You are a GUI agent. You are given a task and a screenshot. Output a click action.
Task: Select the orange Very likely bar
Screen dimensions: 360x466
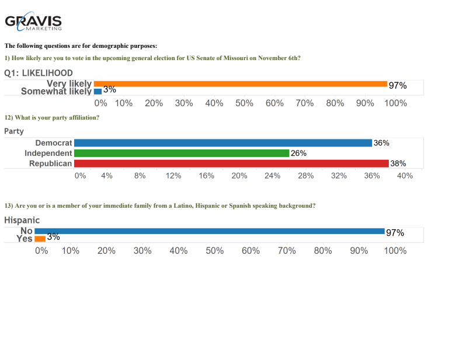pos(240,84)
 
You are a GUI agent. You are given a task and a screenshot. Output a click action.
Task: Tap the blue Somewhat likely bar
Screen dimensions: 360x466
pos(98,91)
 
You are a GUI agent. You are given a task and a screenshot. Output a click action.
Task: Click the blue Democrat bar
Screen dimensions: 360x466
pos(222,143)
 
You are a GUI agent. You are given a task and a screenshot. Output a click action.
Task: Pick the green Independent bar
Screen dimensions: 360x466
pos(181,153)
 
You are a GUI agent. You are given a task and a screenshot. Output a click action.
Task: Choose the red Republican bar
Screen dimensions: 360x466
pos(231,163)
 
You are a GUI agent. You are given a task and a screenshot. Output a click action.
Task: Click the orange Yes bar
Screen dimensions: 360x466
pos(40,239)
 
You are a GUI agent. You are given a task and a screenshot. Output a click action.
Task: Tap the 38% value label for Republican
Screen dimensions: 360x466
pos(398,163)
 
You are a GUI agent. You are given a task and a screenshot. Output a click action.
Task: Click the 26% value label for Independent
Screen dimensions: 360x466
pos(298,153)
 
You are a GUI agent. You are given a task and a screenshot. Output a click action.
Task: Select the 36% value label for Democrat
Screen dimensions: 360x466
pos(381,143)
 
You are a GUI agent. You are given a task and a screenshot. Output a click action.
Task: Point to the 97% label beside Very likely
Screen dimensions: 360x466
pos(397,85)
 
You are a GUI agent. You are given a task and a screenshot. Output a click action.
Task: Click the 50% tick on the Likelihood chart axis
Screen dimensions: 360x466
pos(245,103)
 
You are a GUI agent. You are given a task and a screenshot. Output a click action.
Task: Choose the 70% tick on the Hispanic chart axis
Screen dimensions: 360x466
pos(286,250)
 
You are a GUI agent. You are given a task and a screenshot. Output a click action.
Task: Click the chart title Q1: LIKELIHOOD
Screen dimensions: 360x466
pos(39,73)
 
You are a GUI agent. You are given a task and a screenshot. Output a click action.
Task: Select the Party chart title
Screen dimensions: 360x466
pos(14,131)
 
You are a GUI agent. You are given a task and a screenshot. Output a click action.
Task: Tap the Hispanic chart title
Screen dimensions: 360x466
pos(22,220)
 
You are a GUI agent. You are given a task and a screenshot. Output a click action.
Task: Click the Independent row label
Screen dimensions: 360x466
pos(48,153)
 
